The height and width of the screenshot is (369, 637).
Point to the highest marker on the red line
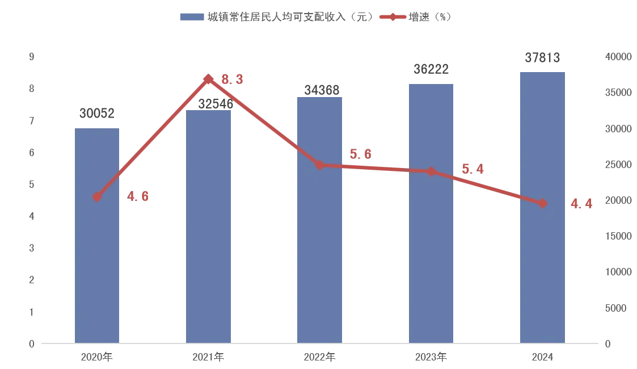(209, 79)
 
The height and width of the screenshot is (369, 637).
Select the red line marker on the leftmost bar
(97, 198)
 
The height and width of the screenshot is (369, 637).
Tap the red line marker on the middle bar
(320, 165)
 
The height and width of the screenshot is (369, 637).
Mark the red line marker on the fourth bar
(431, 171)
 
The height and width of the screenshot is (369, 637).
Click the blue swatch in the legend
(190, 16)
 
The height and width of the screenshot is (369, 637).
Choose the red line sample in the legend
(392, 16)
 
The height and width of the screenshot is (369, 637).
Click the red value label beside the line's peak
(232, 80)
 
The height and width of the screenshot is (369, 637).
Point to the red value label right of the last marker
(582, 203)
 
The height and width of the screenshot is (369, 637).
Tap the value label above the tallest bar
(542, 57)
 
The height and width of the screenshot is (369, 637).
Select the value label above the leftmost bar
(98, 112)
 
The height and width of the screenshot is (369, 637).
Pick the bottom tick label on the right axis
(609, 343)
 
